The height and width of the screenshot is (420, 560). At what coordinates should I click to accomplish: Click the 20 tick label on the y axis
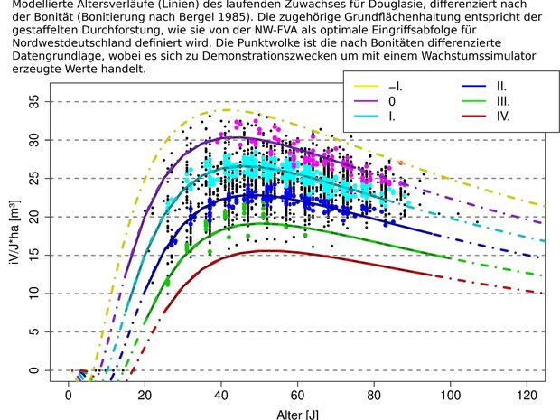click(34, 217)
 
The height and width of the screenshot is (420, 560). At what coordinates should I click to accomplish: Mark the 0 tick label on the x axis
click(68, 395)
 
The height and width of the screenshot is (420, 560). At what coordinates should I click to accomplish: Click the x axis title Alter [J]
click(297, 415)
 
